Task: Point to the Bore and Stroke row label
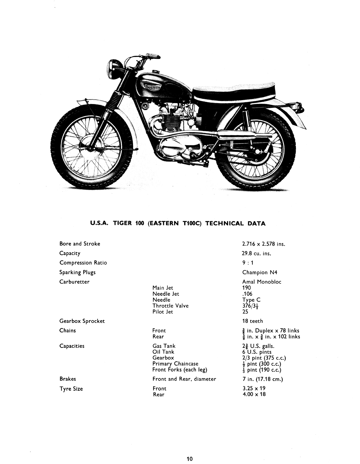tap(80, 244)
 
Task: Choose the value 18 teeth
tap(253, 321)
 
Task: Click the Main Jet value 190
tap(247, 288)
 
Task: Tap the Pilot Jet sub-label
tap(163, 312)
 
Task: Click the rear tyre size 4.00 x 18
tap(254, 394)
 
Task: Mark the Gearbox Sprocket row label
tap(82, 321)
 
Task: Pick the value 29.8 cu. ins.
tap(257, 253)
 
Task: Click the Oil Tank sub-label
tap(163, 352)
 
